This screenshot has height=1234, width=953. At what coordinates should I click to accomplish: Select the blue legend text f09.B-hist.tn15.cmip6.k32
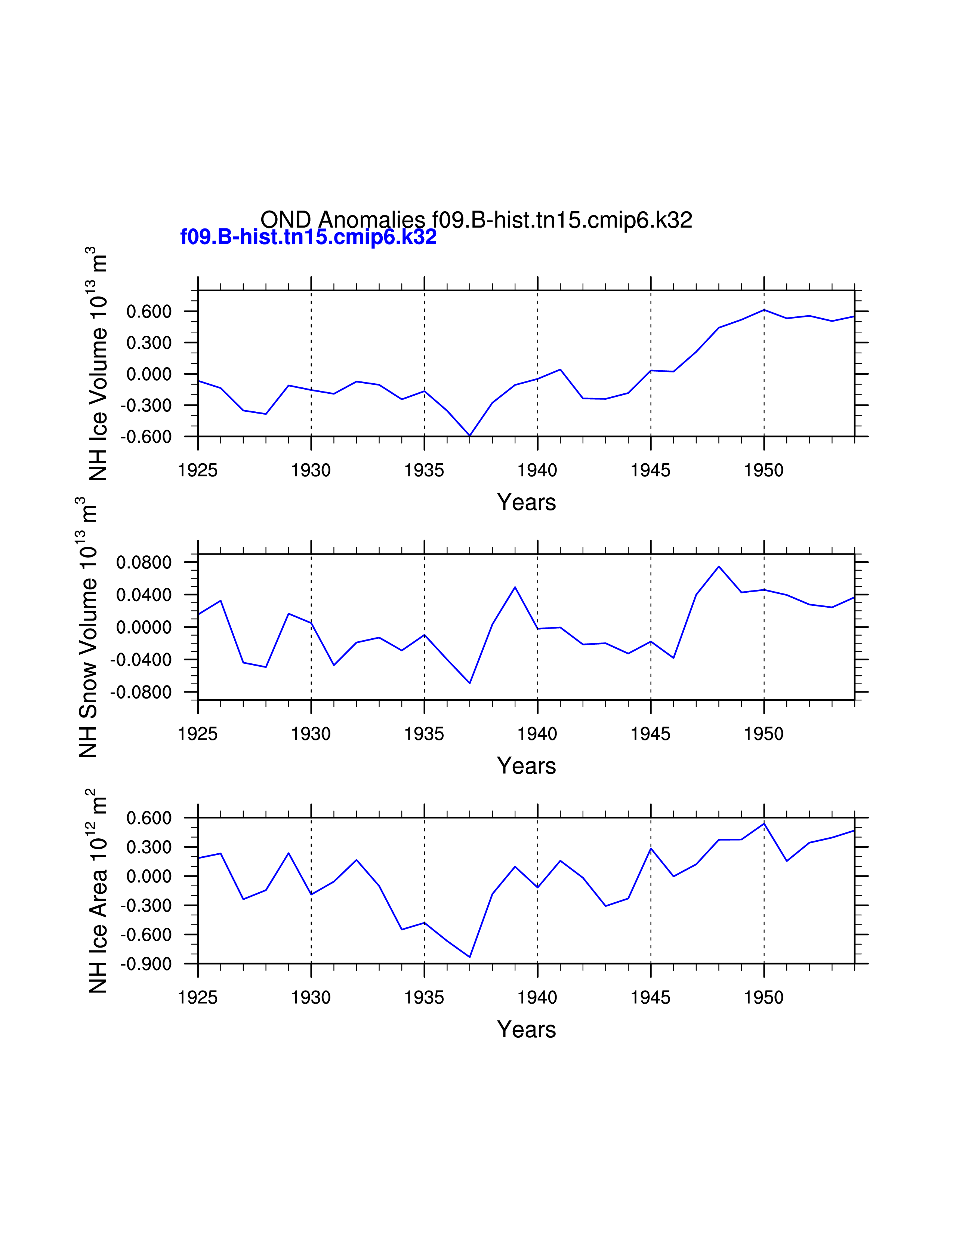coord(308,237)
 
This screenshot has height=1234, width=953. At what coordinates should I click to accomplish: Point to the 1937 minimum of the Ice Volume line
coord(470,436)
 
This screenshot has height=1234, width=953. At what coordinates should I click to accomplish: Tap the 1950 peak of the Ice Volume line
coord(764,310)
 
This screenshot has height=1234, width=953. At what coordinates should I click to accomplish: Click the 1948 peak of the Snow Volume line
coord(719,566)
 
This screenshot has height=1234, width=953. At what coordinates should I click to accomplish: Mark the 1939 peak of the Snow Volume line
coord(515,587)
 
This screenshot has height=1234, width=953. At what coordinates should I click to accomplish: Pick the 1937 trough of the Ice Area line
coord(470,957)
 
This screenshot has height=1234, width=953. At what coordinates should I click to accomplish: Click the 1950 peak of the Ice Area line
coord(764,823)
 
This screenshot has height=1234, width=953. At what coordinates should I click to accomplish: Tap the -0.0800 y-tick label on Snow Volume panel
coord(144,692)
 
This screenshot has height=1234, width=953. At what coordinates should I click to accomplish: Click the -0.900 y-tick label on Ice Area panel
coord(146,964)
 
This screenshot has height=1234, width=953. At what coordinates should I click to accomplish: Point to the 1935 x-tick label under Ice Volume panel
coord(424,470)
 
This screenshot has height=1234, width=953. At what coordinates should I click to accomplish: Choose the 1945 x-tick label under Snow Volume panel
coord(650,734)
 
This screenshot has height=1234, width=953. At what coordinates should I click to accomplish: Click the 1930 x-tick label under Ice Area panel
coord(311,997)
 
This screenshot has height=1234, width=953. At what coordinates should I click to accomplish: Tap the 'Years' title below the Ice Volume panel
coord(526,502)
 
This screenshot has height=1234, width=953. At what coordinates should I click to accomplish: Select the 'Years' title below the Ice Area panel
coord(526,1029)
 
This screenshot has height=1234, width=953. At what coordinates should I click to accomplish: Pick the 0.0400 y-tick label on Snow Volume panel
coord(144,595)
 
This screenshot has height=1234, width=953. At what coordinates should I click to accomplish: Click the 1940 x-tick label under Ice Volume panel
coord(537,470)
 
